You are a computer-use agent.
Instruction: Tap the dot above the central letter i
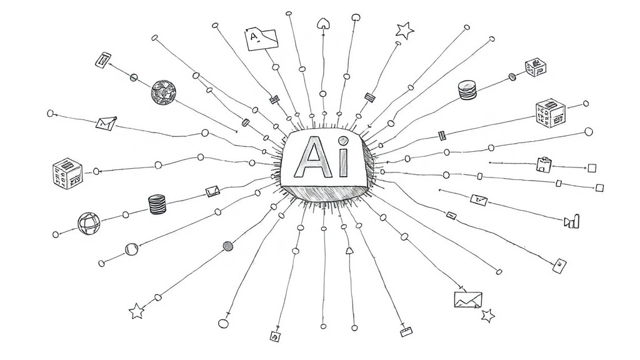click(344, 141)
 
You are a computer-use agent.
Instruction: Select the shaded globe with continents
click(164, 92)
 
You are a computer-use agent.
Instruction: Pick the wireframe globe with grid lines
click(89, 224)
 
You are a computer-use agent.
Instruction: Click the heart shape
click(323, 23)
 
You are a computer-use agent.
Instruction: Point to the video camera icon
click(571, 221)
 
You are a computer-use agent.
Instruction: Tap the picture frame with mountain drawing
click(468, 299)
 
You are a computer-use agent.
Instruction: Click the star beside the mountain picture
click(487, 316)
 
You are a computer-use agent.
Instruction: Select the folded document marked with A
click(262, 39)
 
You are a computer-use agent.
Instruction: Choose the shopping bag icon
click(544, 164)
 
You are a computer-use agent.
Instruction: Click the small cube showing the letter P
click(536, 67)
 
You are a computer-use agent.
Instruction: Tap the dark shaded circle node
click(227, 246)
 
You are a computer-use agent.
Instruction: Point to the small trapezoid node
click(349, 250)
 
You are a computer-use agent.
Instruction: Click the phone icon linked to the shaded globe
click(103, 60)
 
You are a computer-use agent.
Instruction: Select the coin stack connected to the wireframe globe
click(157, 204)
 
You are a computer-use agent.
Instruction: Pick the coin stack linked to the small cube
click(467, 90)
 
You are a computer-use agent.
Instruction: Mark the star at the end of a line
click(137, 311)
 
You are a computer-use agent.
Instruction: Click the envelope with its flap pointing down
click(106, 123)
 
